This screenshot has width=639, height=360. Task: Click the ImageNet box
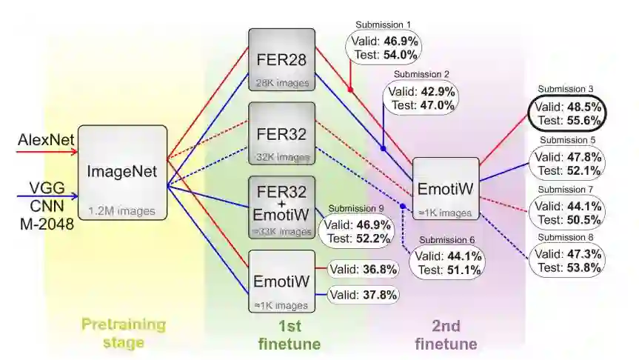pyautogui.click(x=122, y=172)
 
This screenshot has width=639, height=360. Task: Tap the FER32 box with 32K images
pyautogui.click(x=281, y=134)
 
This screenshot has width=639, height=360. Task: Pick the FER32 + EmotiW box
pyautogui.click(x=281, y=207)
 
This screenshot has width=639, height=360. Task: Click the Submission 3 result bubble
pyautogui.click(x=568, y=113)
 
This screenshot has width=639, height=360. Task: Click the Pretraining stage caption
pyautogui.click(x=123, y=333)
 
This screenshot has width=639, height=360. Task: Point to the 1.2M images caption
pyautogui.click(x=122, y=210)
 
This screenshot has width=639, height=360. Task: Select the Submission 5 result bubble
pyautogui.click(x=568, y=164)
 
